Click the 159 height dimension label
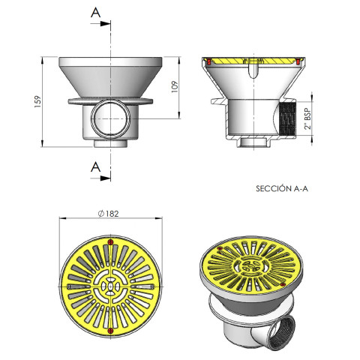tap(37, 101)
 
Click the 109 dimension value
tap(175, 87)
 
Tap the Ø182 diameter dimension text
tap(108, 214)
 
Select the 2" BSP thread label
tap(308, 118)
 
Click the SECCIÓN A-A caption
tap(282, 188)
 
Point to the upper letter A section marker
tap(95, 12)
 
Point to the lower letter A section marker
tap(95, 166)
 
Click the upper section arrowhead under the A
tap(105, 24)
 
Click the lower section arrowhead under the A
tap(105, 178)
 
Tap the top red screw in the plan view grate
tap(110, 242)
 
